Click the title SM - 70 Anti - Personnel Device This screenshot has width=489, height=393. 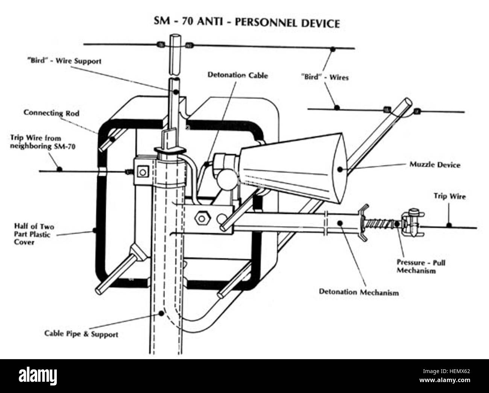point(246,22)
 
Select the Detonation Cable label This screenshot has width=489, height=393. point(238,75)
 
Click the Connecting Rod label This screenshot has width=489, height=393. point(52,112)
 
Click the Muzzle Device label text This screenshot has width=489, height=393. point(434,165)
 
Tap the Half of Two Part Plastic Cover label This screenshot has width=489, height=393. point(34,234)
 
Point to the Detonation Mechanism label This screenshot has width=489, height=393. point(358,292)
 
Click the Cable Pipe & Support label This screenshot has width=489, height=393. point(81,334)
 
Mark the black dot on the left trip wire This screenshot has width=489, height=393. point(59,169)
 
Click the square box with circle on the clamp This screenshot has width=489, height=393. point(142,172)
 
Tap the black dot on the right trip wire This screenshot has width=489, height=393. point(448,226)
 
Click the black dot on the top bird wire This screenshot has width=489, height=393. point(333,49)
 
